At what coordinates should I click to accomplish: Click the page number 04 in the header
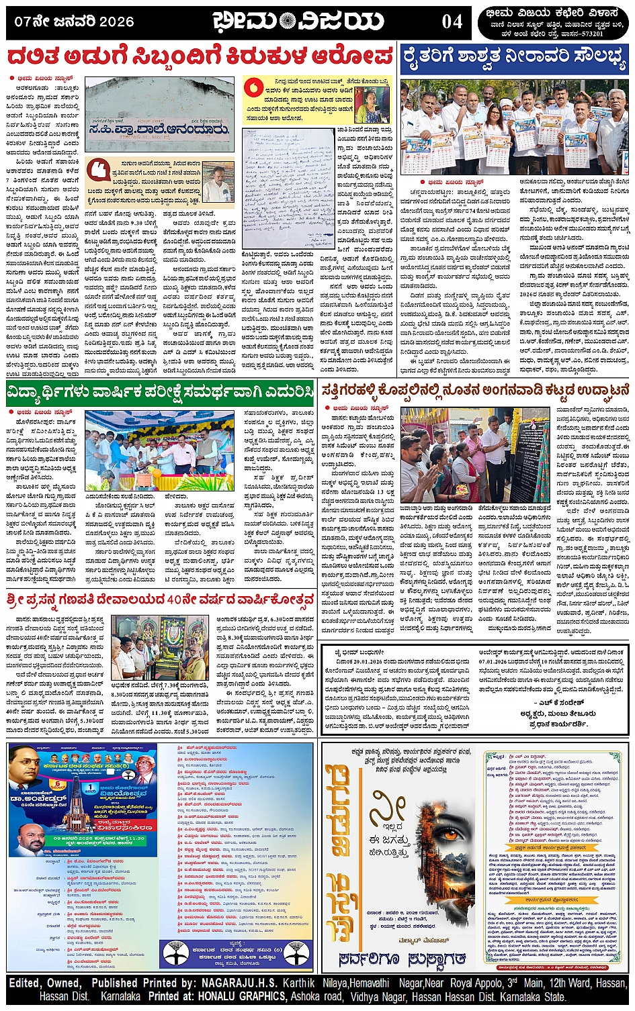pyautogui.click(x=452, y=22)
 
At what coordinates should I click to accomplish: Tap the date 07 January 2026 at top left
pyautogui.click(x=74, y=21)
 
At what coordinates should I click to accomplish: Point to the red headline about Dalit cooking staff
pyautogui.click(x=200, y=55)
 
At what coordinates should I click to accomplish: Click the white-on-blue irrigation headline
pyautogui.click(x=514, y=58)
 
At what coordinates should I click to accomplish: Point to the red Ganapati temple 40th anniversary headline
pyautogui.click(x=160, y=598)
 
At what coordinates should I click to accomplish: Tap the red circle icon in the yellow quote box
pyautogui.click(x=253, y=87)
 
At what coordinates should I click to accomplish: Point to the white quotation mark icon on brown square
pyautogui.click(x=97, y=169)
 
